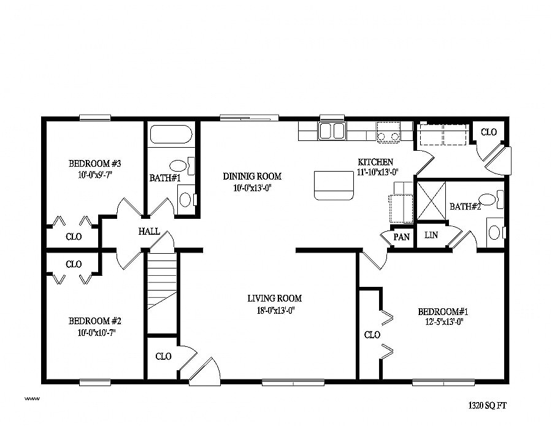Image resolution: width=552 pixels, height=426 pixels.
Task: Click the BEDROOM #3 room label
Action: coord(94,164)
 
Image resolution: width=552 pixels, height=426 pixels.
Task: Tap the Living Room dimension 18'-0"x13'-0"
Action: coord(275,310)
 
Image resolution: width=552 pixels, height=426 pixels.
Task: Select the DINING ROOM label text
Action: coord(252,177)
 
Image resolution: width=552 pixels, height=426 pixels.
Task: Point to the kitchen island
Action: coord(334,185)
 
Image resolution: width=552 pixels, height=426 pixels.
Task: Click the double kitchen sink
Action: coord(332,131)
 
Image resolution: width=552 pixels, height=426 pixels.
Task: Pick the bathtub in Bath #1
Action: coord(171,134)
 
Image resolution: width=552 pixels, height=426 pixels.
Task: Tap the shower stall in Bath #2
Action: coord(431,201)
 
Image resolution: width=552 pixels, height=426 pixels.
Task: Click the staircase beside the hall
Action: coord(161,292)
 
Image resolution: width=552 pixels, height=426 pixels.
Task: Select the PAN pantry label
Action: coord(401,237)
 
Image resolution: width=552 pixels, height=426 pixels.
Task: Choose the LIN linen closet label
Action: coord(431,235)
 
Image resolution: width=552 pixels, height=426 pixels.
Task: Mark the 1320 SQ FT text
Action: coord(487,406)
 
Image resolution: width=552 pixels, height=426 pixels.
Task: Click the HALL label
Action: coord(149,232)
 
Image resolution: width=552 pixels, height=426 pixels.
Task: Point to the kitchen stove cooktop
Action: coord(389,132)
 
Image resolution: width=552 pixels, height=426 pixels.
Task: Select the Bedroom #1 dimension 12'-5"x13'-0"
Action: coord(444,322)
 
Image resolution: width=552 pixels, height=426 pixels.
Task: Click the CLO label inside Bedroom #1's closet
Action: coord(372,335)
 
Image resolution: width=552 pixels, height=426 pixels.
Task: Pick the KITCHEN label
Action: coord(375,162)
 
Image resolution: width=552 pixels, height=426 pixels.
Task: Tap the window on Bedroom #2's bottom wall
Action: coord(95,382)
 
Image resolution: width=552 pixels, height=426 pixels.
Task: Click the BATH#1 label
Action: coord(165,178)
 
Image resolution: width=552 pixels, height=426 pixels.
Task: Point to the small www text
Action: coord(32,399)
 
